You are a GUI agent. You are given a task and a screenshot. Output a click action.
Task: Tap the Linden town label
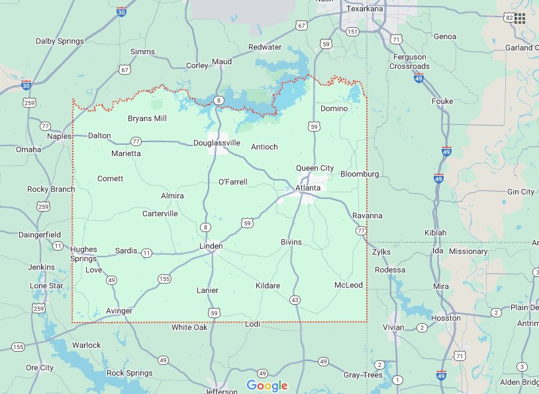click(x=211, y=246)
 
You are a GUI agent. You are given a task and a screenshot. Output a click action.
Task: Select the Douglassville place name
click(x=217, y=143)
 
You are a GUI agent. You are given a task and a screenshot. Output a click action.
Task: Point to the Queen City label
click(x=315, y=169)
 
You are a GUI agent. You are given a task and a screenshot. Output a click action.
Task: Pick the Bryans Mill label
click(x=147, y=119)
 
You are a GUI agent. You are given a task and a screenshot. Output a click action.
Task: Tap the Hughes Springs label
click(x=83, y=254)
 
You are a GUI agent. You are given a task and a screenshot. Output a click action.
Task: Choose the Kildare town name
click(x=268, y=286)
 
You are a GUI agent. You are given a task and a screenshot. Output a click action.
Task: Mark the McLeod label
click(x=348, y=285)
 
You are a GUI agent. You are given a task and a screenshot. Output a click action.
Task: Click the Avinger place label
click(x=119, y=311)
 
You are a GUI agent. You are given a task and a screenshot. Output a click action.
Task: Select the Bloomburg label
click(x=360, y=174)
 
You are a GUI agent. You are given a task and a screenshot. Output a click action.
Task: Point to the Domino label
click(x=334, y=108)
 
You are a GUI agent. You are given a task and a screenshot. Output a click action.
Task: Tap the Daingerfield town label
click(x=39, y=235)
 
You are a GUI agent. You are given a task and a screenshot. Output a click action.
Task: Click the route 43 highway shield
click(x=295, y=300)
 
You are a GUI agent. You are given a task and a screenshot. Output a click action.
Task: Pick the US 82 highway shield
click(x=508, y=17)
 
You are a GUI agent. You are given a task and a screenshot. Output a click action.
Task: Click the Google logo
click(x=267, y=385)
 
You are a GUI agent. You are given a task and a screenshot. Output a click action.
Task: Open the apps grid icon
click(x=520, y=18)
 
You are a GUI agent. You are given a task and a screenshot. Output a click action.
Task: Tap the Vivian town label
click(x=393, y=327)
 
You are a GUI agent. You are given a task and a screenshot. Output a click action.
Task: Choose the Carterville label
click(x=160, y=214)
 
